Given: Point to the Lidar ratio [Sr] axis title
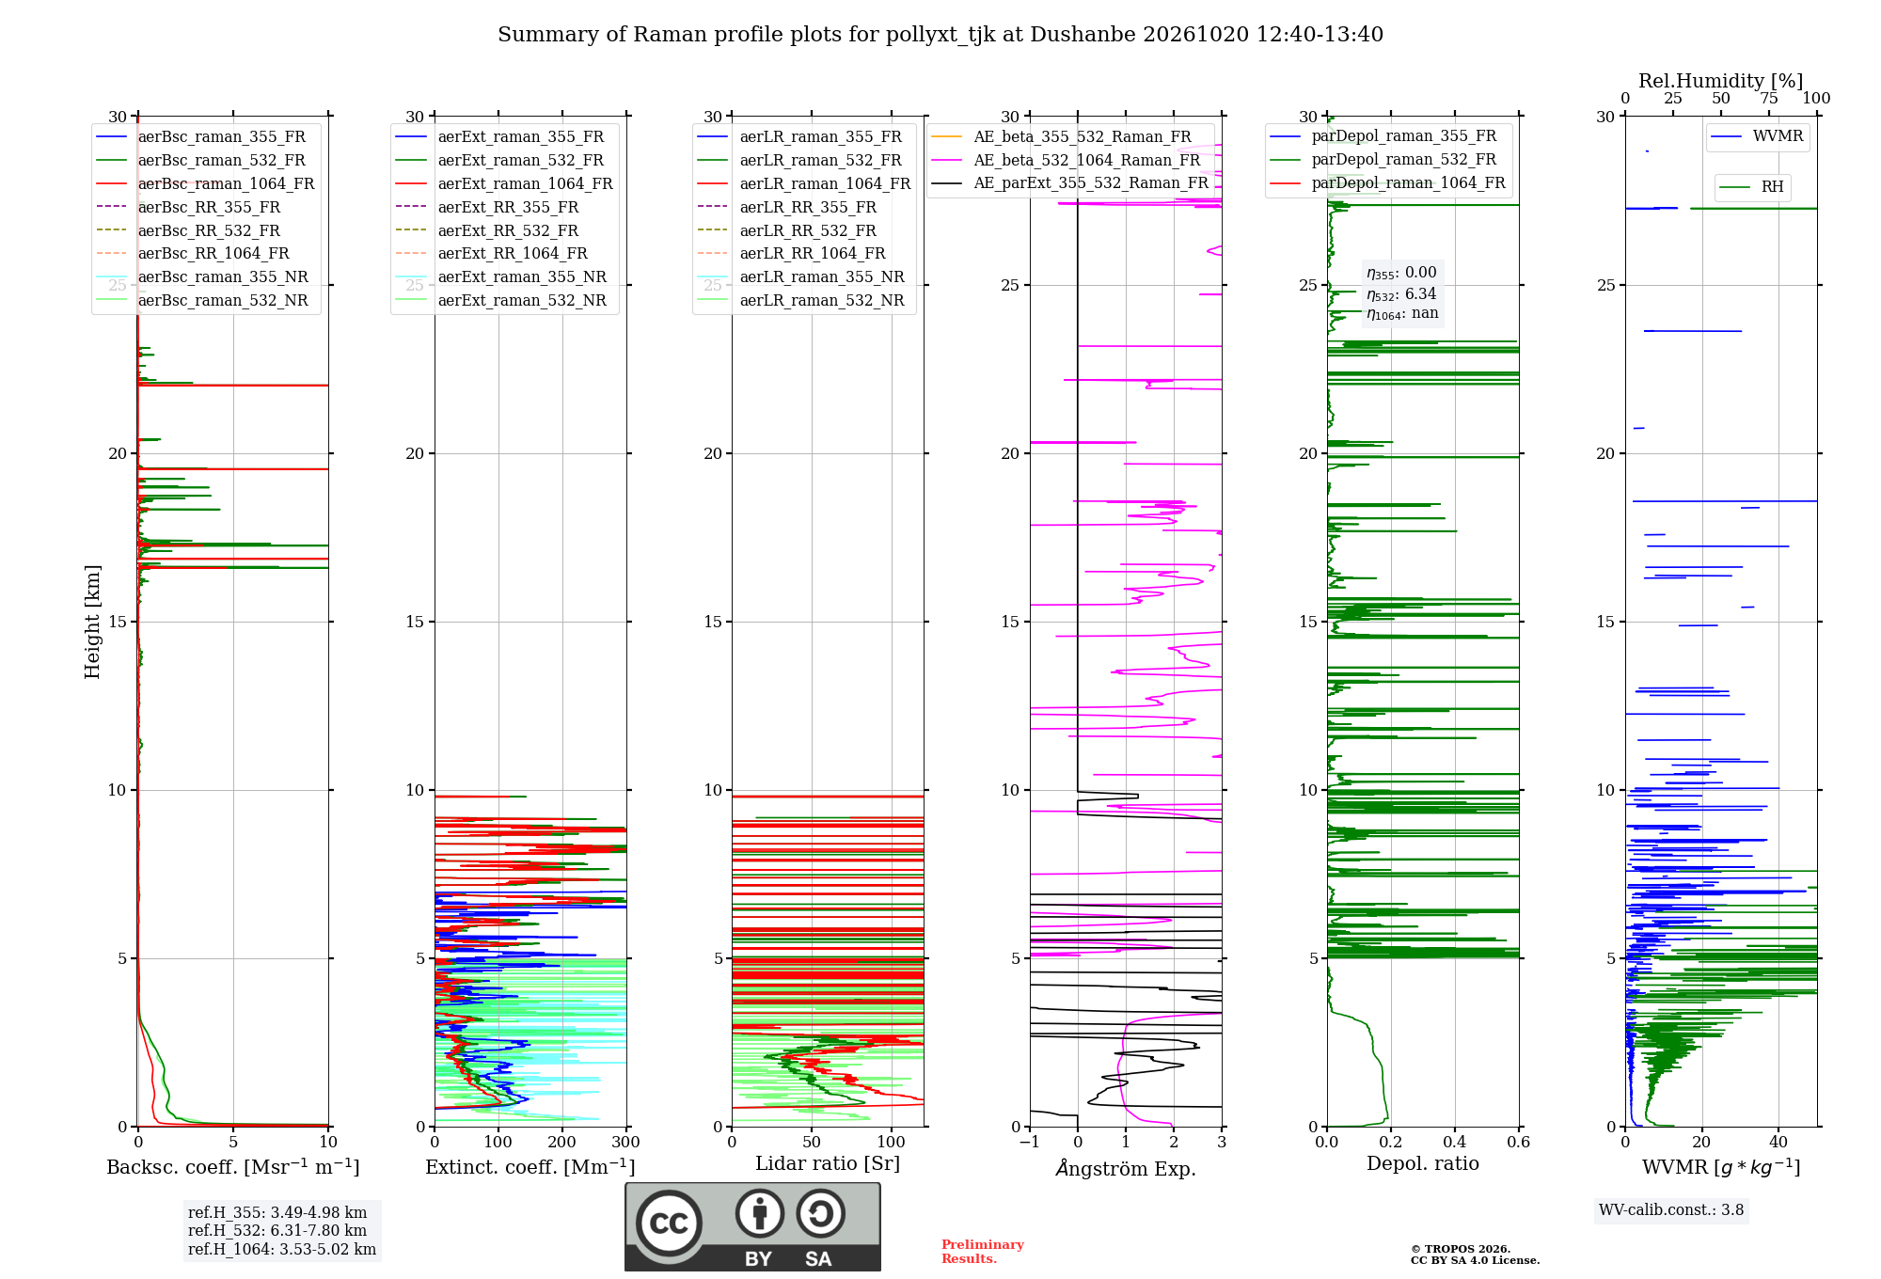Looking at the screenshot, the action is click(828, 1163).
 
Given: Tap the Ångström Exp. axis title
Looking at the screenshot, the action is click(1126, 1168).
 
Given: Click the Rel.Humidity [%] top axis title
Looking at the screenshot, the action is click(1721, 81).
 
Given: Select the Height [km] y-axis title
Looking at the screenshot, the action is click(92, 622).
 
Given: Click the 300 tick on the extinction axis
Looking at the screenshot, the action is click(625, 1142).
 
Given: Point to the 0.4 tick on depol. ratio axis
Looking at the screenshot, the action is click(1455, 1142).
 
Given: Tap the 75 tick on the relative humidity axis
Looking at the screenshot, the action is click(1769, 98).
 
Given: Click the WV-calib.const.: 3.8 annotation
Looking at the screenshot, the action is click(1671, 1209).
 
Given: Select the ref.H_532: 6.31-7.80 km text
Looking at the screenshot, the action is click(277, 1230).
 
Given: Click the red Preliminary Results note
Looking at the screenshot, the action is click(983, 1252).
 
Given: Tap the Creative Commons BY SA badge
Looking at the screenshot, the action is click(752, 1227).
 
